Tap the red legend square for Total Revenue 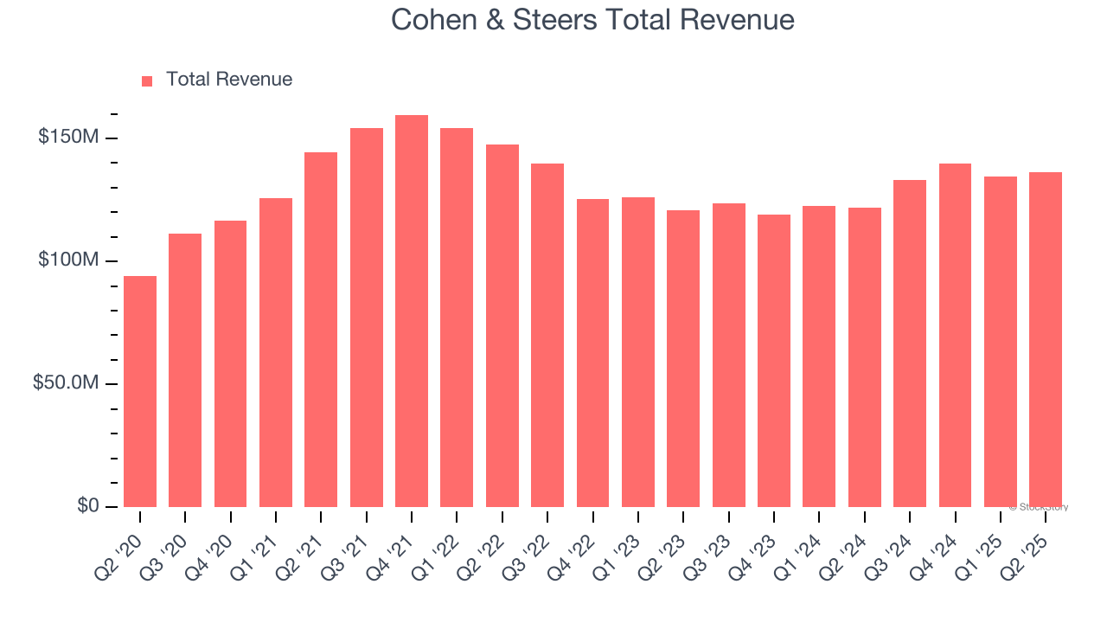click(x=147, y=80)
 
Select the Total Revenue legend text click(x=228, y=80)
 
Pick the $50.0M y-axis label click(x=66, y=383)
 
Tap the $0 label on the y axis click(x=86, y=506)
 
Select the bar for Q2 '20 click(x=140, y=391)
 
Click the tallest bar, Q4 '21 click(x=412, y=311)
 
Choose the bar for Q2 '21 click(x=321, y=330)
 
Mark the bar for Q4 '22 click(x=592, y=353)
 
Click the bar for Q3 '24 click(x=909, y=344)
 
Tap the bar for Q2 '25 click(x=1045, y=339)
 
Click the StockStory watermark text click(x=1039, y=507)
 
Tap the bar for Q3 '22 click(x=547, y=335)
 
